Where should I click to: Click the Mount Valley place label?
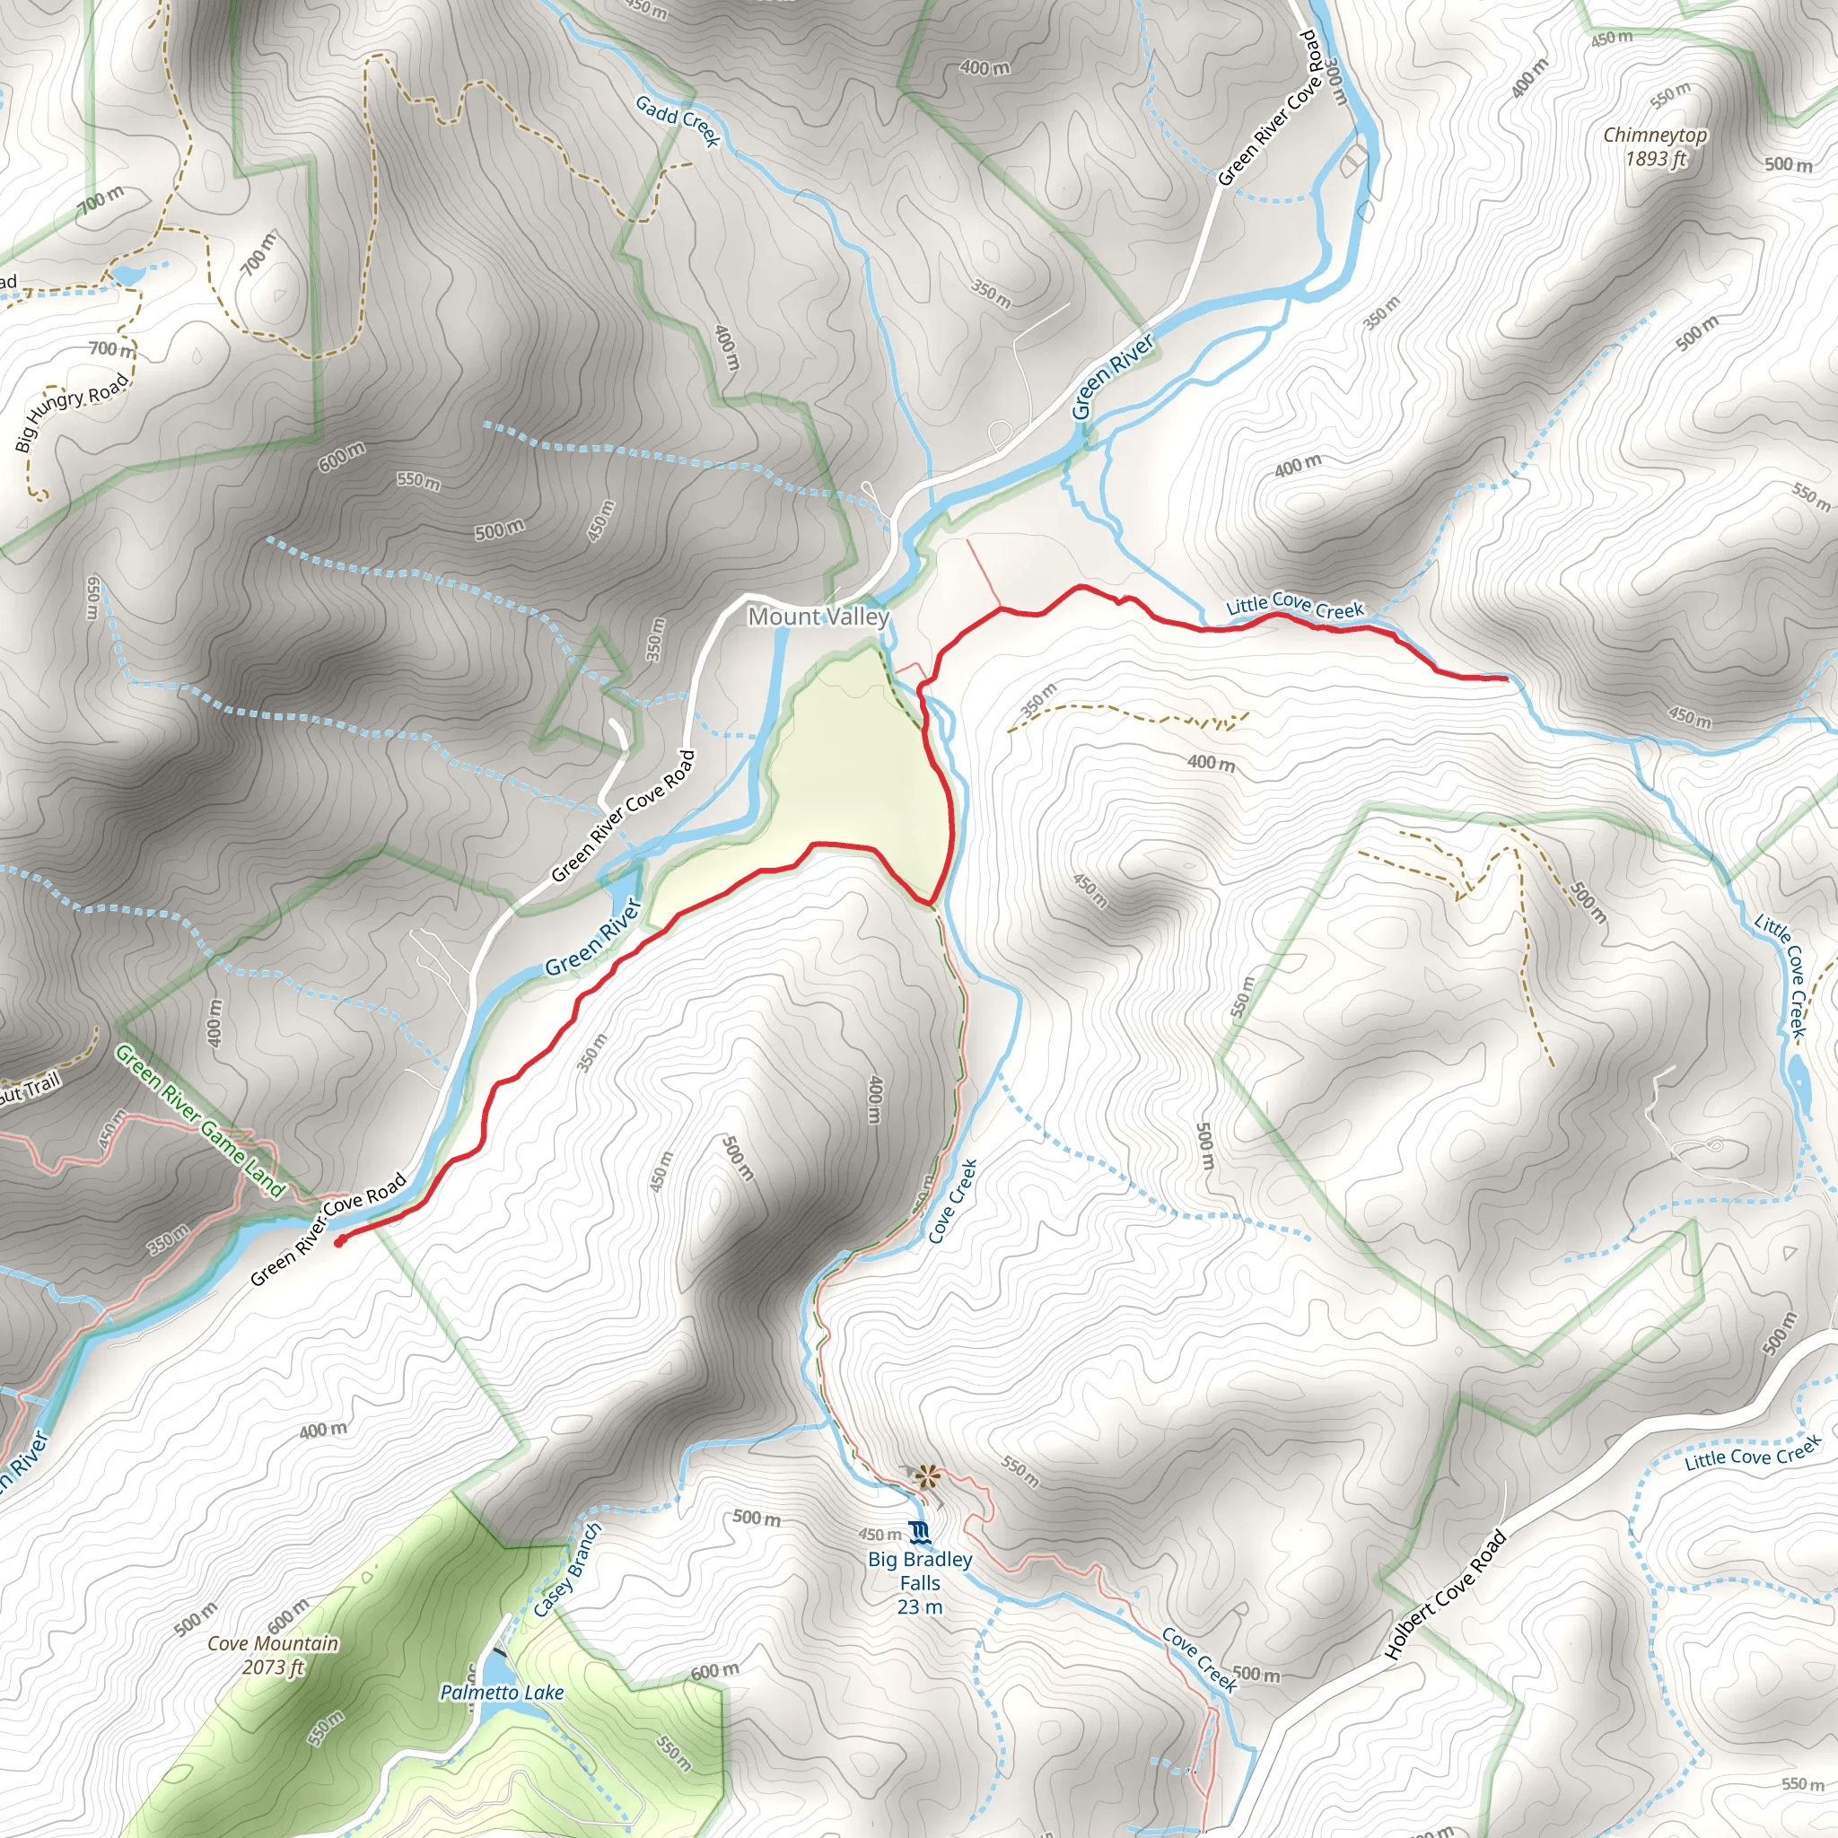coord(818,617)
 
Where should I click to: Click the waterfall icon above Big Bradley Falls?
coord(919,1532)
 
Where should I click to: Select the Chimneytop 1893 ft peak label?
coord(1654,146)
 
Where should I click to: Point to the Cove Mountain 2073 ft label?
coord(273,1654)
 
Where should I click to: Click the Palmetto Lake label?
coord(502,1693)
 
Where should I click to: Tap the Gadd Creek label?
coord(678,120)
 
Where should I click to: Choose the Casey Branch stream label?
coord(567,1571)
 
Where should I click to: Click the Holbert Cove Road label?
coord(1445,1607)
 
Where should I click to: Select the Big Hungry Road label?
coord(73,412)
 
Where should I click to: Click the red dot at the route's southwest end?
coord(339,1241)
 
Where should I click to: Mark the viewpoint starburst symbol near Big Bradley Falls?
coord(925,1475)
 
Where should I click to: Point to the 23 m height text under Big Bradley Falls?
coord(919,1606)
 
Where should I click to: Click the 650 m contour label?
coord(92,598)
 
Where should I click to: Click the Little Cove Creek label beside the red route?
coord(1294,604)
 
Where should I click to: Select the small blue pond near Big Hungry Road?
coord(127,275)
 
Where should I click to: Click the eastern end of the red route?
coord(1506,678)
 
